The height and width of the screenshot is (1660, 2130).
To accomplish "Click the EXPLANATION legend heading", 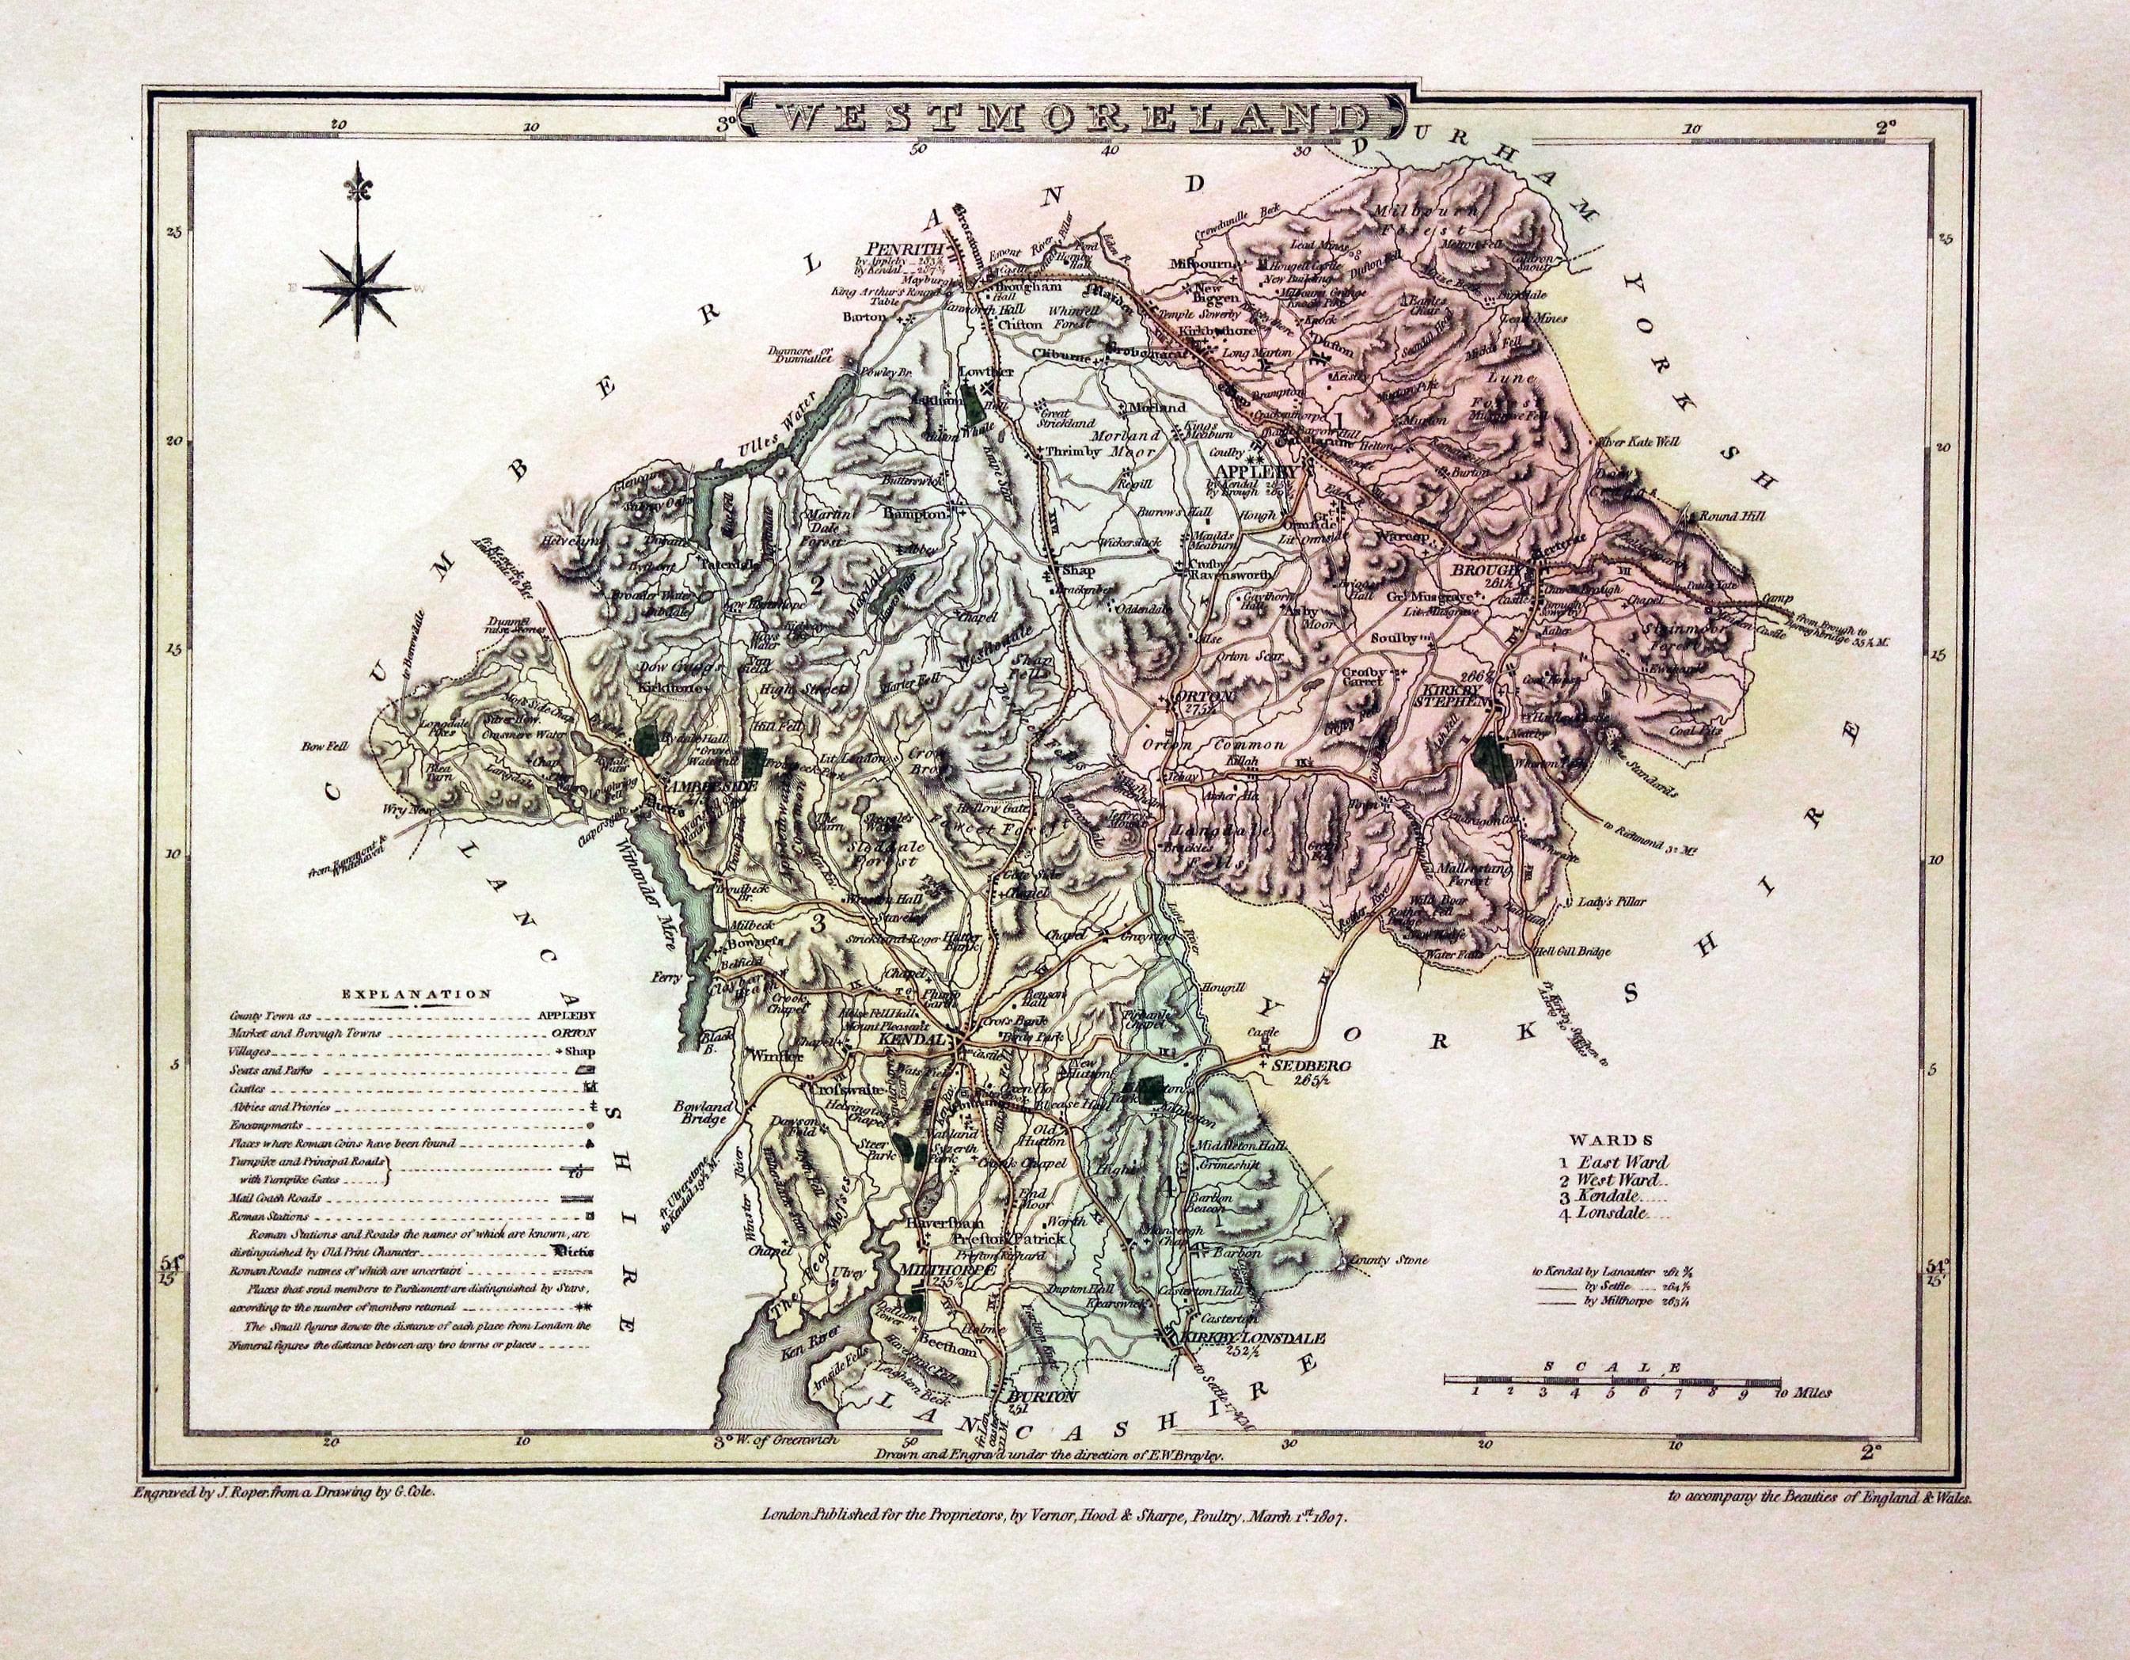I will pos(416,995).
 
